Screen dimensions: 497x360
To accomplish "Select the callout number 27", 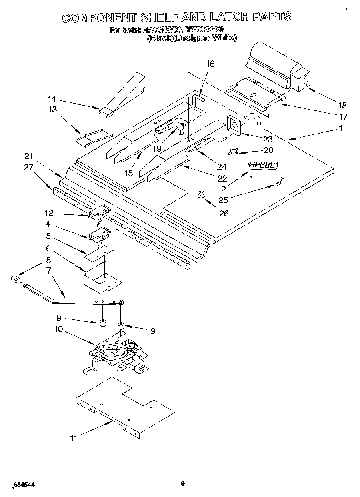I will [x=28, y=168].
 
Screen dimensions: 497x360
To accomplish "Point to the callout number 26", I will [x=224, y=213].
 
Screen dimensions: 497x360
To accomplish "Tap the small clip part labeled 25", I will [x=279, y=182].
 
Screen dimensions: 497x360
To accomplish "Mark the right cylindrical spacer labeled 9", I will [x=120, y=327].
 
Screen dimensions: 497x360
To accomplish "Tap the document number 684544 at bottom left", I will [x=24, y=485].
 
